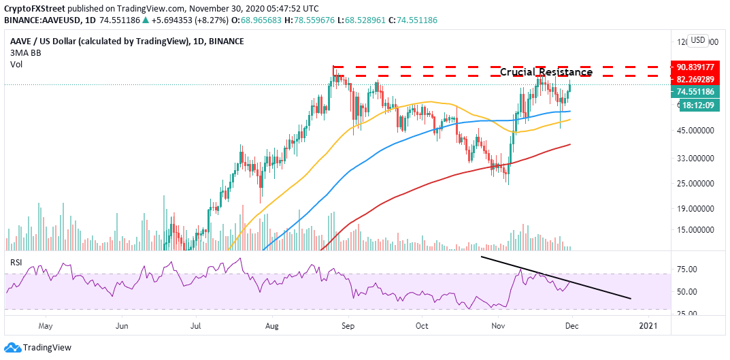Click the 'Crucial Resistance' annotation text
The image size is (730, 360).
click(546, 72)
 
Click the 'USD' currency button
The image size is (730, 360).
click(698, 40)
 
